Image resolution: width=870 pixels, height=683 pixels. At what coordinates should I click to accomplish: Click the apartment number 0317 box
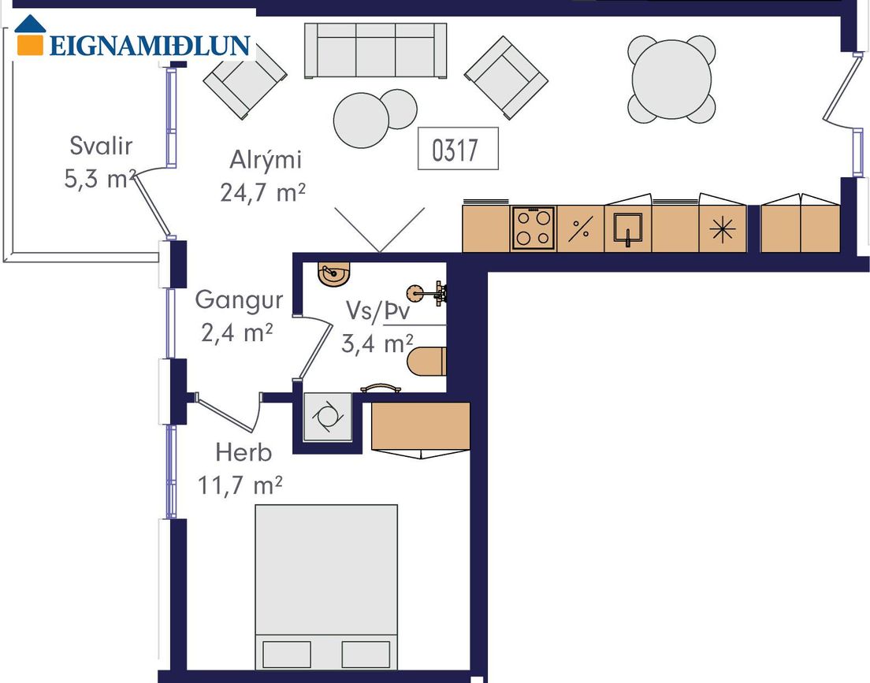coord(458,148)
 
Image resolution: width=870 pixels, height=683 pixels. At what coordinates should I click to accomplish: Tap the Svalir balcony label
coord(101,146)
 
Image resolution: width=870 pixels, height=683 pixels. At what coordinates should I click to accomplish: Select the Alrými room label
coord(266,160)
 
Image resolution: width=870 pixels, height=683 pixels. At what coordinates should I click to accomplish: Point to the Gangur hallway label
coord(239,300)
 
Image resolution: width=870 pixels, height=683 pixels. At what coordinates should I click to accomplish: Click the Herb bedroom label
coord(244,453)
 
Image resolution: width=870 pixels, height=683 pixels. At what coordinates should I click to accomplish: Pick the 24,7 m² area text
coord(263,193)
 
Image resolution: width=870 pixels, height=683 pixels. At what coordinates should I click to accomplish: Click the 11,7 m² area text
coord(240,485)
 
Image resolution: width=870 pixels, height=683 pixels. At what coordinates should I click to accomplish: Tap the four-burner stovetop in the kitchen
coord(534,228)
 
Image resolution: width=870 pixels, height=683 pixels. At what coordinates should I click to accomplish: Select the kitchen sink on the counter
coord(627,228)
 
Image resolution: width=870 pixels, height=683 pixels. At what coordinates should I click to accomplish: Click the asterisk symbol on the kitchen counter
coord(723,229)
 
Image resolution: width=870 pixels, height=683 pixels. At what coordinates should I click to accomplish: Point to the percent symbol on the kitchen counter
coord(580,228)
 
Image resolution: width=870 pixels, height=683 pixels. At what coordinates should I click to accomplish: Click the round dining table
coord(671,80)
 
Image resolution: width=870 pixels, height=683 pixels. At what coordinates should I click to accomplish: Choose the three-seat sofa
coord(376,50)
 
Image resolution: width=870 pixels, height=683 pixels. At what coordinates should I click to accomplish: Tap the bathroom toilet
coord(426,362)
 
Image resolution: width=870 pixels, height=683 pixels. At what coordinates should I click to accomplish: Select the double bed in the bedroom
coord(326,587)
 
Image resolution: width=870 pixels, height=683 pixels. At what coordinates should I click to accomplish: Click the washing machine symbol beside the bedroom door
coord(328,417)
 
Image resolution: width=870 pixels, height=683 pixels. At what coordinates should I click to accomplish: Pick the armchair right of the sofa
coord(506,78)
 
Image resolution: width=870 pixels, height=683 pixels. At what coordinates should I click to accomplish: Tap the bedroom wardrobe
coord(421,426)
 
